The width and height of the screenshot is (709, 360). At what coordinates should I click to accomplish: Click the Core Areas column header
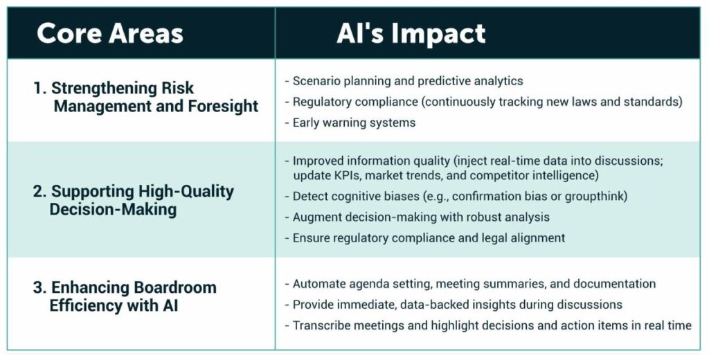click(110, 33)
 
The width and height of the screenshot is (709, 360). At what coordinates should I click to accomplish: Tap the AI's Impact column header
click(411, 33)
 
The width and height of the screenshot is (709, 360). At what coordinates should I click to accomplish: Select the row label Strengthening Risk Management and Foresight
click(145, 97)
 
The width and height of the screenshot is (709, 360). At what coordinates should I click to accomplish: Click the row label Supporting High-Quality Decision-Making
click(134, 200)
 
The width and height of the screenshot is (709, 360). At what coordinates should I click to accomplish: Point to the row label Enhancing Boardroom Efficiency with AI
click(125, 296)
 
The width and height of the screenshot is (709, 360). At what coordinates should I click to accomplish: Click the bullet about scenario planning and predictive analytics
click(404, 81)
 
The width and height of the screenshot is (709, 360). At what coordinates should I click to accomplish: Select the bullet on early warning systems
click(350, 123)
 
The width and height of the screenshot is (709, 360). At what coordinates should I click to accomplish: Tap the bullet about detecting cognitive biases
click(456, 197)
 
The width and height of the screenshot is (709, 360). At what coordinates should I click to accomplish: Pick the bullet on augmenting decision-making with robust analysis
click(417, 217)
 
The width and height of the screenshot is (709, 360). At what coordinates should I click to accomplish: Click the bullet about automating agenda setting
click(470, 284)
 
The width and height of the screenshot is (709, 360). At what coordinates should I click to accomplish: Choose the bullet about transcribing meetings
click(488, 325)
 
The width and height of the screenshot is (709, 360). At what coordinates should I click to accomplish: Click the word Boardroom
click(174, 287)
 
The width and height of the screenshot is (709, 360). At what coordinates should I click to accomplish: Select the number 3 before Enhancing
click(38, 287)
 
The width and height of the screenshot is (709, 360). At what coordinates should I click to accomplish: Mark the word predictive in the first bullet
click(442, 82)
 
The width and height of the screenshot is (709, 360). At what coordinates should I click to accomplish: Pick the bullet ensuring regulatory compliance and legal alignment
click(425, 238)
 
